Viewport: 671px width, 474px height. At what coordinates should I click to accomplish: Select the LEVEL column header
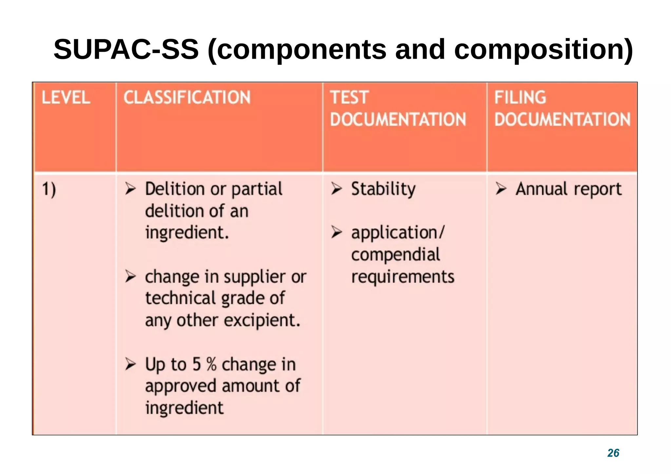(66, 98)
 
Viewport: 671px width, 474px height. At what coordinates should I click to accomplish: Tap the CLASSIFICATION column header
(187, 98)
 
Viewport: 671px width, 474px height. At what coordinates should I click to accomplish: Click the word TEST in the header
(349, 98)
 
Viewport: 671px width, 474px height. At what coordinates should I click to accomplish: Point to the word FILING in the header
(520, 98)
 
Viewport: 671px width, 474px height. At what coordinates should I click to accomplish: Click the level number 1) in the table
(49, 189)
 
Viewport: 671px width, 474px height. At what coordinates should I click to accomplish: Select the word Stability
(383, 189)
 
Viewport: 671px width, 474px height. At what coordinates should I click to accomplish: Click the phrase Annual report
(568, 189)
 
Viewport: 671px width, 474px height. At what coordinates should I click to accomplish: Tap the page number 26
(613, 453)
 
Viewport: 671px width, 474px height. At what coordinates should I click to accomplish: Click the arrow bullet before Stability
(336, 188)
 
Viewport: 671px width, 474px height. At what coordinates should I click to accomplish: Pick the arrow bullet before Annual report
(501, 188)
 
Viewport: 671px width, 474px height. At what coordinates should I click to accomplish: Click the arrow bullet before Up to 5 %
(130, 364)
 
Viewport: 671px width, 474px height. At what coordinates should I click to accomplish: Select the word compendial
(395, 255)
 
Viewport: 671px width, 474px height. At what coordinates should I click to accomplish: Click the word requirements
(403, 277)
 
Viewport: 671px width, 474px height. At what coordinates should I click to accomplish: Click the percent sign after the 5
(212, 364)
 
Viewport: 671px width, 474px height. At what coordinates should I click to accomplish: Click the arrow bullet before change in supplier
(130, 276)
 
